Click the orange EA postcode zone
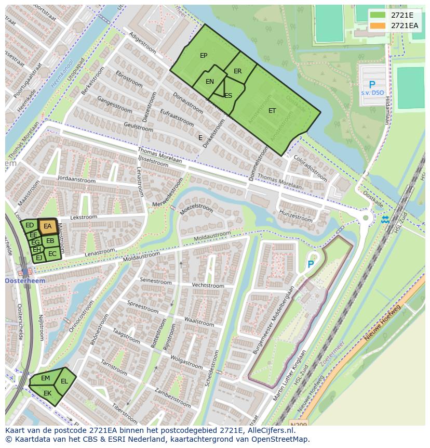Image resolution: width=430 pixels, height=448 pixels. (47, 226)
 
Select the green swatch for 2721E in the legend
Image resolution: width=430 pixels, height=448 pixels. (378, 15)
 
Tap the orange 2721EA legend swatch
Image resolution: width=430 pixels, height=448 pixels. (378, 25)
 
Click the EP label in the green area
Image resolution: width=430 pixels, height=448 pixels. (204, 56)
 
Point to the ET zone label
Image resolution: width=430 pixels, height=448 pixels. (272, 111)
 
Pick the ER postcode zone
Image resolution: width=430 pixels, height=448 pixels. (237, 71)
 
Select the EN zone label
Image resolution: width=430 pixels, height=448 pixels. (210, 82)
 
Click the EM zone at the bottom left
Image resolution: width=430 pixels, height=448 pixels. (45, 378)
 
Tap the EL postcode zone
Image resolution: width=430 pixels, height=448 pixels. (64, 381)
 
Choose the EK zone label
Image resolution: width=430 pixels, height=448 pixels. (47, 393)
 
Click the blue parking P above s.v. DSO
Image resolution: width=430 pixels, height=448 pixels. (372, 84)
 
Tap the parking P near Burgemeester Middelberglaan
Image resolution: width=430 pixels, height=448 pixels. (311, 264)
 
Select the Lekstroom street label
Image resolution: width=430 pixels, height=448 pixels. (83, 217)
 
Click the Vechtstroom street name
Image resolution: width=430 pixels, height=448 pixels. (208, 286)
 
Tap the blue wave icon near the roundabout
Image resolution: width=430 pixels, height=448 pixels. (385, 219)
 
